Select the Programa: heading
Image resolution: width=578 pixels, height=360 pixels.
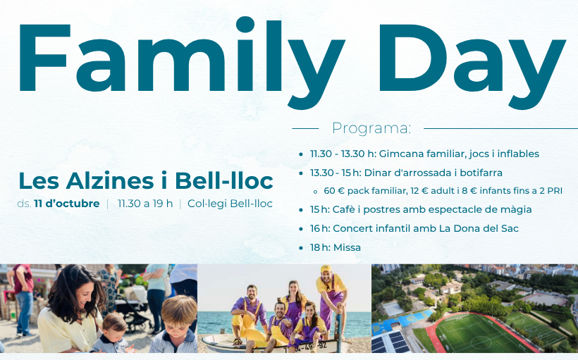pos(371,128)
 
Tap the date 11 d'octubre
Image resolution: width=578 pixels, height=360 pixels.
pos(67,204)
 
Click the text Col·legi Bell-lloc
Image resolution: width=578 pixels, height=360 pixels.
pos(230,204)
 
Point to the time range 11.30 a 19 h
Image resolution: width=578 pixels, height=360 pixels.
pos(145,204)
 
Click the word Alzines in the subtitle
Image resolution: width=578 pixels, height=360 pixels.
pos(110,181)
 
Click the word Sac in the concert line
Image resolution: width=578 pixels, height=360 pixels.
pos(510,228)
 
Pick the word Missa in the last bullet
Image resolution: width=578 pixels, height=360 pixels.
pos(347,247)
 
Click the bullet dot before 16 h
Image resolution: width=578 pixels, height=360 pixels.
pos(301,229)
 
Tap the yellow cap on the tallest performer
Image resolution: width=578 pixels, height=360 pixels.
pos(326,268)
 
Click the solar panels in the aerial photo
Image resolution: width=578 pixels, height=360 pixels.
pos(390,342)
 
